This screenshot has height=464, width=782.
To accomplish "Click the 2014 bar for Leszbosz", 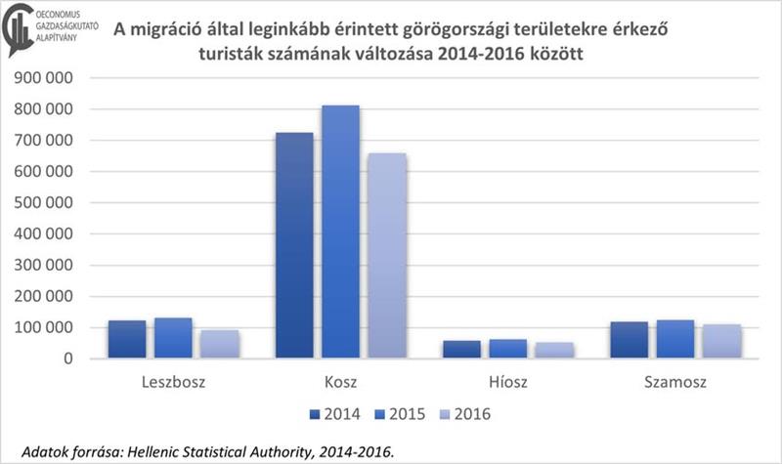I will (127, 339).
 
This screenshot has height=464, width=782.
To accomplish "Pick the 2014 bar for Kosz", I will (295, 245).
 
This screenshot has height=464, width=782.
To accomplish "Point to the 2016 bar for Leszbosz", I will (219, 344).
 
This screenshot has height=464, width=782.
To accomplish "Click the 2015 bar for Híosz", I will (508, 349).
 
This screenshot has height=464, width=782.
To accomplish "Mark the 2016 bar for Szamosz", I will (722, 341).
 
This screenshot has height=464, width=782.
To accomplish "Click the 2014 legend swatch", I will (316, 414).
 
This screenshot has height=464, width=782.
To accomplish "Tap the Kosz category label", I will (341, 381).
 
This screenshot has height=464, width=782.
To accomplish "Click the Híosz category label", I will (508, 381).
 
